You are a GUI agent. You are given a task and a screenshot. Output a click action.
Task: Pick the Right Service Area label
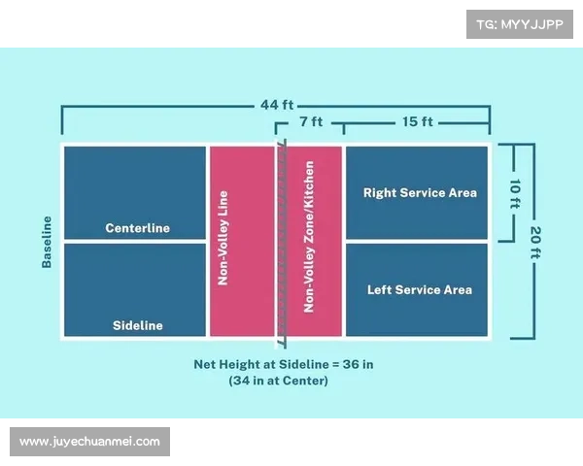(420, 192)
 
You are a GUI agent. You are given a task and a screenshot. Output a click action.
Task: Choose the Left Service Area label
(420, 289)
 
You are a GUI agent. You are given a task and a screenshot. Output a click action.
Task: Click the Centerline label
(137, 228)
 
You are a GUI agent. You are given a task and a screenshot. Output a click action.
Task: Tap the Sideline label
(137, 325)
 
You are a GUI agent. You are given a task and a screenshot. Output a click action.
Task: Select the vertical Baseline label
(46, 242)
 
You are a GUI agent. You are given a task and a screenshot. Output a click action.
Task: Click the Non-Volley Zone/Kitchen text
(309, 242)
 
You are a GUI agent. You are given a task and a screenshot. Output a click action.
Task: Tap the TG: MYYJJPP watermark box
(520, 22)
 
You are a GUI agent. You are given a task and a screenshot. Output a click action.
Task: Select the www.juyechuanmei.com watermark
(89, 441)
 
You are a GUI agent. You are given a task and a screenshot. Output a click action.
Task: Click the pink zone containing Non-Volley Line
(241, 291)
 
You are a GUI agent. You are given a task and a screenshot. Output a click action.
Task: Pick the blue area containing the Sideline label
(135, 291)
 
